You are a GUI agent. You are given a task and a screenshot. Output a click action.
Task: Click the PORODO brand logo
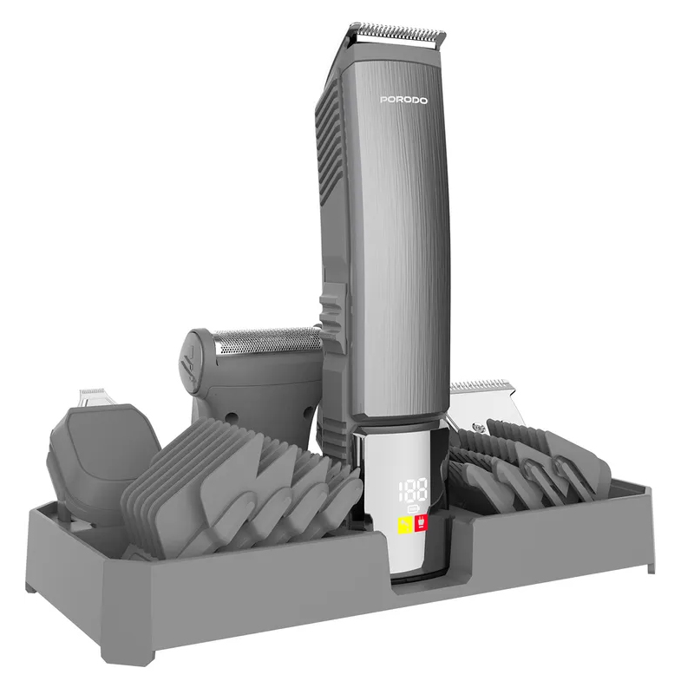pyautogui.click(x=403, y=101)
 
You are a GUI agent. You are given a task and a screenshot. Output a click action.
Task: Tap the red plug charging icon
pyautogui.click(x=421, y=524)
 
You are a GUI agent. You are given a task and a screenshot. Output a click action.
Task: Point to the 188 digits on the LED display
pyautogui.click(x=413, y=489)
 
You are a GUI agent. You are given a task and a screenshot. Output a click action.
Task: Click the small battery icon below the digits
pyautogui.click(x=413, y=508)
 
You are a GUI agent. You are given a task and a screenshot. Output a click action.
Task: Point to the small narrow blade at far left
pyautogui.click(x=92, y=397)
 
